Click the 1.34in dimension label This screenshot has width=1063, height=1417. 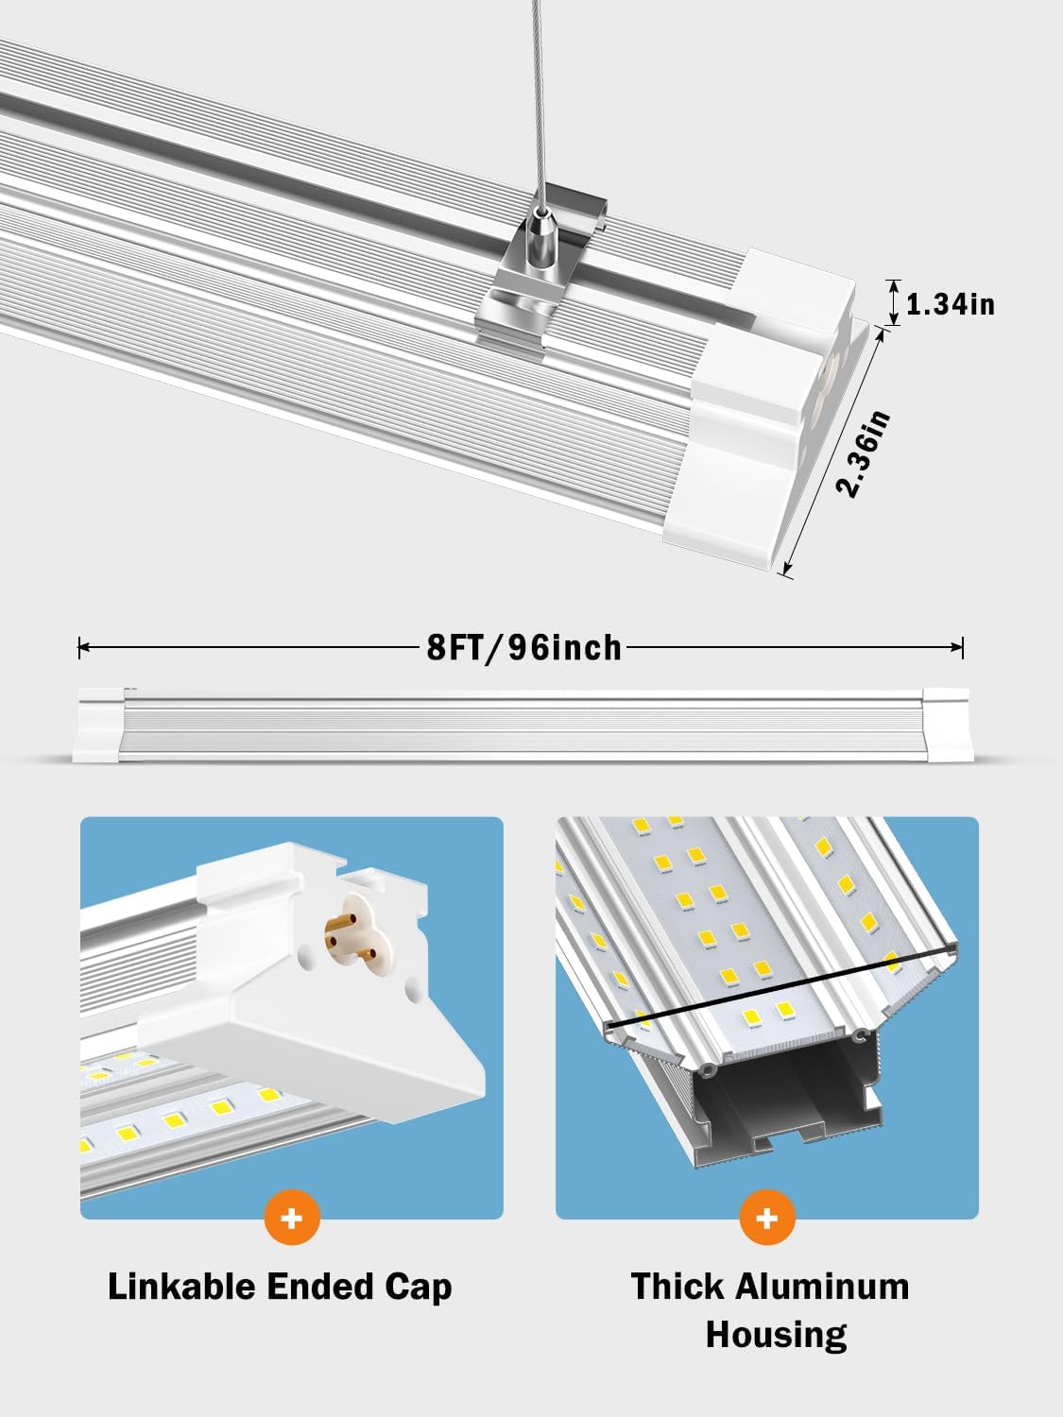click(950, 304)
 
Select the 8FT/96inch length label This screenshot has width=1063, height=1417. click(524, 648)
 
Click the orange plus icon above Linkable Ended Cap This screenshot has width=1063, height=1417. click(292, 1218)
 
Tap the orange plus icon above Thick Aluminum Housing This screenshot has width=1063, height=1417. click(767, 1218)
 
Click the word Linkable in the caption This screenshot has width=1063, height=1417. click(181, 1287)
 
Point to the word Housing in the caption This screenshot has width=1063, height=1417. click(776, 1335)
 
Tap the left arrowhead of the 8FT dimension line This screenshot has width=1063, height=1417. click(83, 647)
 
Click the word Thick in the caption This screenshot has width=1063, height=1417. click(677, 1287)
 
